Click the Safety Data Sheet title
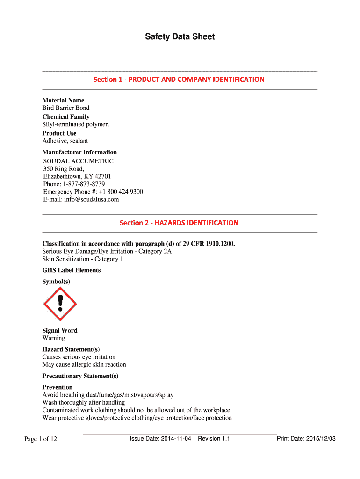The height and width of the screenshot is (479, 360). [x=180, y=36]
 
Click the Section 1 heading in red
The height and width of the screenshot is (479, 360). [x=179, y=80]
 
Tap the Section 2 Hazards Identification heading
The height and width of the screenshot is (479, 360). [x=179, y=223]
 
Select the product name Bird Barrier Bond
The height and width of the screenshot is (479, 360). [x=66, y=108]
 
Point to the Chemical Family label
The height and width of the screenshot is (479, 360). [x=66, y=116]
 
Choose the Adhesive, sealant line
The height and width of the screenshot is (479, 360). [x=65, y=141]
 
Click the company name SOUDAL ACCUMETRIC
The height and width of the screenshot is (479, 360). [x=78, y=161]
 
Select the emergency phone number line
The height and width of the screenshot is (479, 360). [x=93, y=192]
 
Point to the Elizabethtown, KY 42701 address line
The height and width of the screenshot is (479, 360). [x=77, y=176]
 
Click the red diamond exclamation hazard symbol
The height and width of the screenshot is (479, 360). [x=60, y=304]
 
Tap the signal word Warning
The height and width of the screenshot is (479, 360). [x=54, y=338]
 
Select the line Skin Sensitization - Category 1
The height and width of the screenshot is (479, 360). [x=83, y=259]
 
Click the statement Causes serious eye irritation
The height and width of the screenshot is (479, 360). [x=79, y=357]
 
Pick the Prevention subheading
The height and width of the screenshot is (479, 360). [x=58, y=387]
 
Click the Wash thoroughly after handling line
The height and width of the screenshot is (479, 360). [x=84, y=402]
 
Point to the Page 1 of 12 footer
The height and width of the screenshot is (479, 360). [x=41, y=439]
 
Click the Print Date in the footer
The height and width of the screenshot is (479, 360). [x=306, y=439]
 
